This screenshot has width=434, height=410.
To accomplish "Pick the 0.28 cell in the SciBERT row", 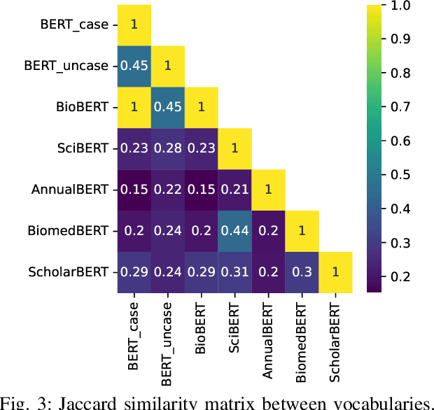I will coord(167,148).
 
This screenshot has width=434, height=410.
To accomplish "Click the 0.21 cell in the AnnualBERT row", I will coord(234,190).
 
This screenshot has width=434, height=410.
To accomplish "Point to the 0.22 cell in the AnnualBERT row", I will coord(167,190).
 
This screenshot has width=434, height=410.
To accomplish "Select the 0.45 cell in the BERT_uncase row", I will coord(134,66).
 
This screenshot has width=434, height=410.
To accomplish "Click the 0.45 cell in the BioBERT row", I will coord(167,107).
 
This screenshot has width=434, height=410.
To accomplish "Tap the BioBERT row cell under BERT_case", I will coord(134,107).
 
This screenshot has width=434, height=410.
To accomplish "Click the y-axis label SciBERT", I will coord(83,148).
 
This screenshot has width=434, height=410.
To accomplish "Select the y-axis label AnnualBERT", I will coord(71,190).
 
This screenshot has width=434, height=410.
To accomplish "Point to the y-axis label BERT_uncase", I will coord(66,66).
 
